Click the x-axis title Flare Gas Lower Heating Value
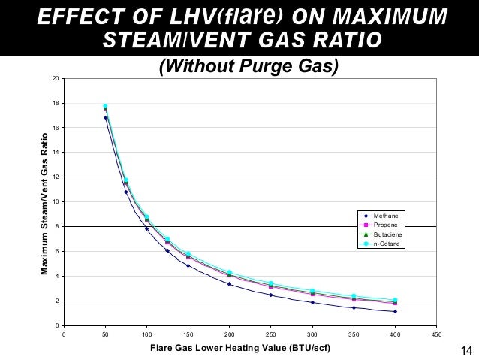(239, 348)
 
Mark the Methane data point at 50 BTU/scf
(105, 118)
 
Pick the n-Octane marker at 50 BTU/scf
(105, 106)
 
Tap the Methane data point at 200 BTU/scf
(229, 284)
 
